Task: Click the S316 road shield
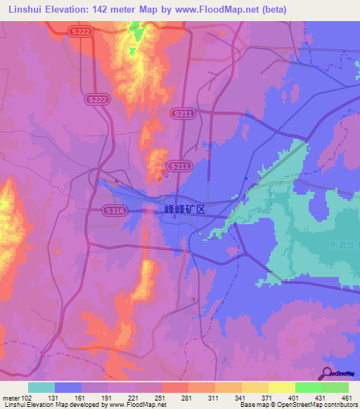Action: pos(113,210)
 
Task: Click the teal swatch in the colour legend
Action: pos(41,387)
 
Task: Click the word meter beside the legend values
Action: pos(10,397)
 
